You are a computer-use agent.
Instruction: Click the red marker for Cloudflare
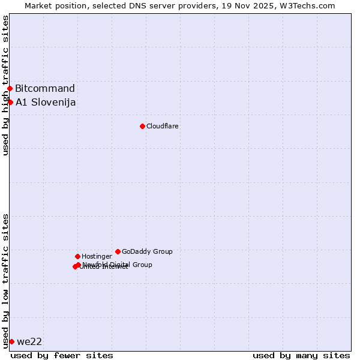coord(142,126)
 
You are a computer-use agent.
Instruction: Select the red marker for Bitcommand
coord(10,89)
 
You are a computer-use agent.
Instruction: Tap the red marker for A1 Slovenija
coord(10,102)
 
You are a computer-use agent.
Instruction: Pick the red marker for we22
coord(11,341)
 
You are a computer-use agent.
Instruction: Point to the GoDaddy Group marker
coord(118,251)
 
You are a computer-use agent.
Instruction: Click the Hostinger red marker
coord(77,256)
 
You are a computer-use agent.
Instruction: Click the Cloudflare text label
coord(163,126)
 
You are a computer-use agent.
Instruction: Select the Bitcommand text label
coord(45,89)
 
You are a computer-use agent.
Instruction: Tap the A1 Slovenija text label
coord(46,102)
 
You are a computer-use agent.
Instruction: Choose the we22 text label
coord(29,342)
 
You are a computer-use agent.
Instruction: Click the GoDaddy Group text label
coord(147,251)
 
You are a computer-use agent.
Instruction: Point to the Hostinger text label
coord(97,256)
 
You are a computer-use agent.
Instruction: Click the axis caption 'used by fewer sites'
coord(62,355)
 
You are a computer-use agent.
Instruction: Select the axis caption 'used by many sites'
coord(301,355)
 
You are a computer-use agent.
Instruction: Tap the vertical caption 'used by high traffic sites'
coord(5,85)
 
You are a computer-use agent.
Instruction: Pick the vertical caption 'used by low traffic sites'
coord(5,281)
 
